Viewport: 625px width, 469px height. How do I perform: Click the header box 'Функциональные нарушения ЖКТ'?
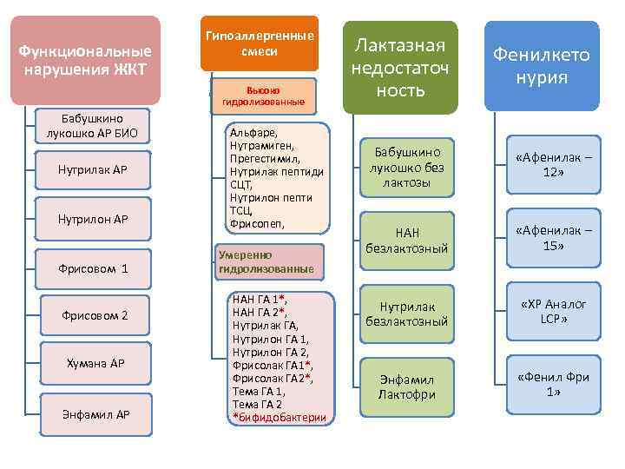coord(85,60)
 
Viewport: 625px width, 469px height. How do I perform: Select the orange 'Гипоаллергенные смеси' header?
coord(260,43)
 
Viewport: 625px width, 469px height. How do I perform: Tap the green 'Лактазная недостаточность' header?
coord(400,67)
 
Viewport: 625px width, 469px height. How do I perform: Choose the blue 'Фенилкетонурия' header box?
coord(542,66)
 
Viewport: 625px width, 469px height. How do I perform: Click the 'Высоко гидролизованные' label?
coord(263,96)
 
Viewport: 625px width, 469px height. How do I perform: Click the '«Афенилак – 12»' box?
coord(553,165)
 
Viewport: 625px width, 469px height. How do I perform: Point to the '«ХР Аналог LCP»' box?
coord(553,312)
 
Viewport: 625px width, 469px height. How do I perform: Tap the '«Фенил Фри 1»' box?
coord(553,385)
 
